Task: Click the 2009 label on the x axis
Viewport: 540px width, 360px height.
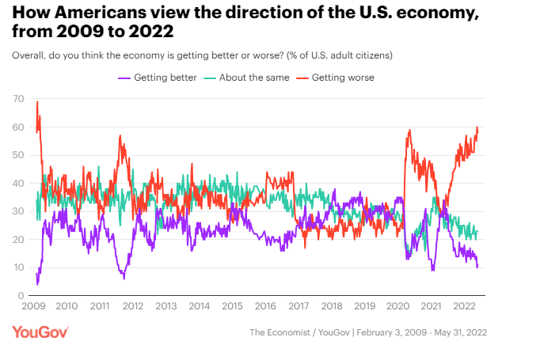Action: (x=33, y=306)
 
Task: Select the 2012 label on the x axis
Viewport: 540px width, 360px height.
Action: (x=133, y=306)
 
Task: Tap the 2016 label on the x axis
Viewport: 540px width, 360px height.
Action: (x=265, y=306)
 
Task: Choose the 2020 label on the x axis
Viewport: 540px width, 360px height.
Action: (x=397, y=306)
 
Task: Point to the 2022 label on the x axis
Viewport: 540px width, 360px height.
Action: (x=463, y=306)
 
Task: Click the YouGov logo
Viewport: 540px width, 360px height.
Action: (x=40, y=332)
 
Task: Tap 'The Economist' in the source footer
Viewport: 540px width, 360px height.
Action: (x=280, y=333)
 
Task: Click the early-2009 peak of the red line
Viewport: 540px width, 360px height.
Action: (x=37, y=102)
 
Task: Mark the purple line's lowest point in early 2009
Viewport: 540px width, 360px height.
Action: (x=37, y=284)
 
